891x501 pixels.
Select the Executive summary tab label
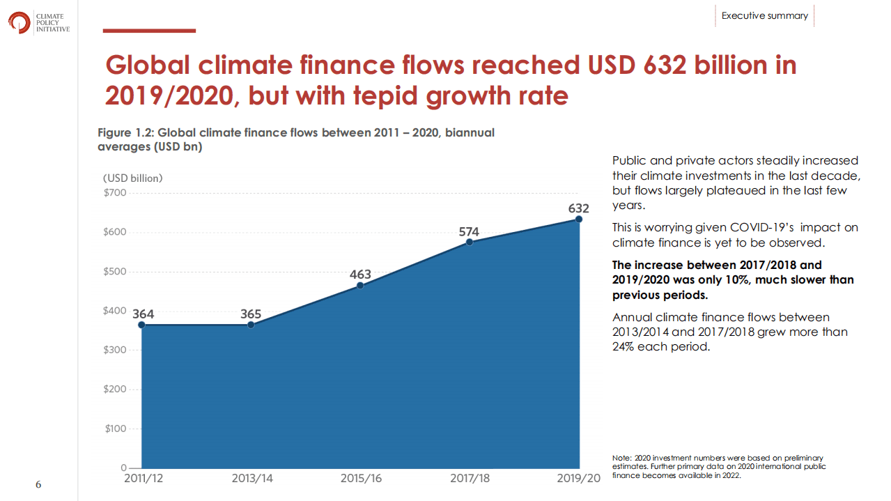764,15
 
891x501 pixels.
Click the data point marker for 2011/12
141,325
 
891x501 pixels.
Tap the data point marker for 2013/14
251,325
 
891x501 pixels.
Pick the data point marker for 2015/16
360,285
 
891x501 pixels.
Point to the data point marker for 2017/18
470,242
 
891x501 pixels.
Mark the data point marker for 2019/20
579,219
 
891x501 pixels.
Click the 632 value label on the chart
578,208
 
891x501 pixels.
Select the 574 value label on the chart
469,231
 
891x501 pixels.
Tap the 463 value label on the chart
360,274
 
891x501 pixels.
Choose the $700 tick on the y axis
116,192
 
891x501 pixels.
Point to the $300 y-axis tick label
116,350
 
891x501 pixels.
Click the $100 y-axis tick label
116,429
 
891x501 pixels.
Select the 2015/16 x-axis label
361,479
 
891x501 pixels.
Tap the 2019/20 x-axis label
578,479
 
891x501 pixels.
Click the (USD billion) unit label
133,178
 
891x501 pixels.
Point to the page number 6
38,484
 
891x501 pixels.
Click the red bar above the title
149,31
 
